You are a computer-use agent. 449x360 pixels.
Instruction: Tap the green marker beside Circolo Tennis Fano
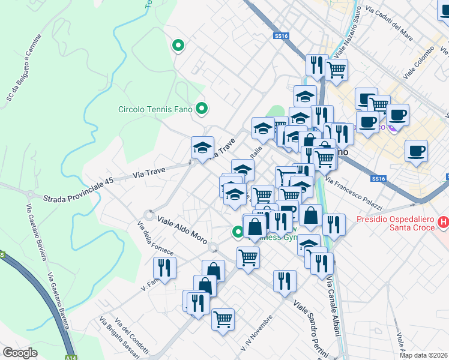pos(202,109)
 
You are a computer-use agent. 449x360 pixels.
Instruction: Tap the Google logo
pos(20,353)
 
